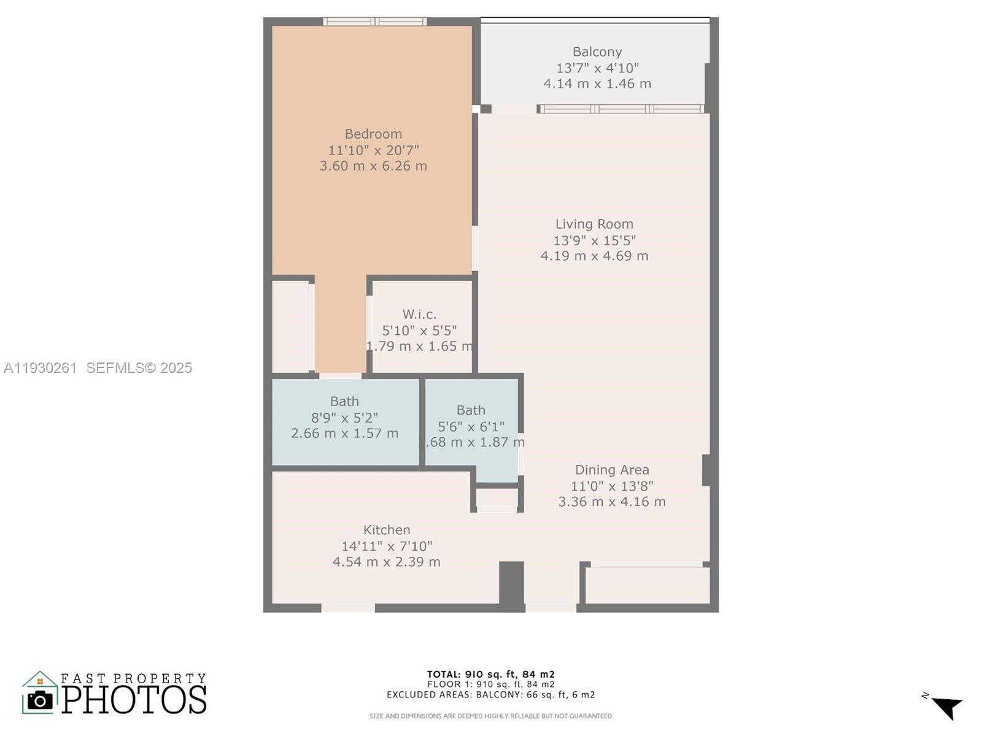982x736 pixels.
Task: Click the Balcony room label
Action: pos(597,52)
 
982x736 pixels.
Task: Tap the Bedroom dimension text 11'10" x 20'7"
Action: pos(373,150)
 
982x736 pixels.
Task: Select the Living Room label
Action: pos(593,224)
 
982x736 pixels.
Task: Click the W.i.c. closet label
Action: pos(419,315)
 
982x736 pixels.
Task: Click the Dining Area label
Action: pos(611,470)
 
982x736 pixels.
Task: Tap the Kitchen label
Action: pos(386,530)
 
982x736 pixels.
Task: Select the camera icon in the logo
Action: pos(41,700)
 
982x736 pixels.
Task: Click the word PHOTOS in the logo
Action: pos(134,700)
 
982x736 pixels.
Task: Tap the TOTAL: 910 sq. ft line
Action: pos(491,674)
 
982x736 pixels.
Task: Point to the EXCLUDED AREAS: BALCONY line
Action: pos(491,695)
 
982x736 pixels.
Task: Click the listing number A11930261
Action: pos(40,368)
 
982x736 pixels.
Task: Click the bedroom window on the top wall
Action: pos(374,22)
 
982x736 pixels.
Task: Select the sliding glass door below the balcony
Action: pos(621,109)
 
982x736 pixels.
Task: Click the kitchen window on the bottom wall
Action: pos(348,607)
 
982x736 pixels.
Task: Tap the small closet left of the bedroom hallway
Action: pos(290,327)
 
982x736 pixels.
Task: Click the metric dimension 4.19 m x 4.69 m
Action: pos(593,256)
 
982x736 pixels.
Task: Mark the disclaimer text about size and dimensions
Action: pos(490,716)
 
